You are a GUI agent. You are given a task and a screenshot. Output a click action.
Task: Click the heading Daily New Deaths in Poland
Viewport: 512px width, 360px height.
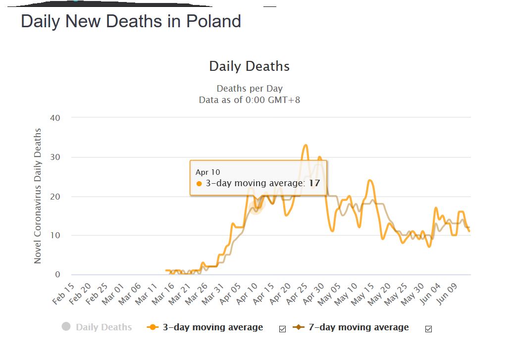(131, 22)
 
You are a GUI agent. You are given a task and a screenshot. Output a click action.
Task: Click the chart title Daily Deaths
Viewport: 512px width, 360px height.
(250, 66)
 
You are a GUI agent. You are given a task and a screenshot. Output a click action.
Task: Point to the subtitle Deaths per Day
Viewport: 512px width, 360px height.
(250, 89)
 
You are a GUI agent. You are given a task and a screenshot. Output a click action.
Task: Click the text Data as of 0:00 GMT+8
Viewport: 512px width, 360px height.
(250, 100)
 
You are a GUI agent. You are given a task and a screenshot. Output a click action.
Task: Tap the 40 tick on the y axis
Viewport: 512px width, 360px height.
(55, 118)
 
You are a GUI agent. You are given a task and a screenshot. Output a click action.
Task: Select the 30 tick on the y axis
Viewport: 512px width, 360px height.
(55, 157)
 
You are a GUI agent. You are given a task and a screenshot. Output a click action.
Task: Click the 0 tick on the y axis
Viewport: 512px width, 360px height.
(57, 274)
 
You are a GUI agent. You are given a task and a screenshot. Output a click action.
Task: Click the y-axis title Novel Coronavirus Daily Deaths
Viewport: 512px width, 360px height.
(38, 196)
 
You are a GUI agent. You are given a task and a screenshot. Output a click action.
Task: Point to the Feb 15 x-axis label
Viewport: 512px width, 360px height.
(63, 294)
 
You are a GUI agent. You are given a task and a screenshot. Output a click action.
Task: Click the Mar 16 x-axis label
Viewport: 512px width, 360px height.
(163, 294)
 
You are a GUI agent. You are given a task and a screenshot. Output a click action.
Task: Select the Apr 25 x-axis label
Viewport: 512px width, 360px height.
(296, 294)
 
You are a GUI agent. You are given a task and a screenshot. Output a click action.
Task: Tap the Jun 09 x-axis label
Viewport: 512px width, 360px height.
(446, 294)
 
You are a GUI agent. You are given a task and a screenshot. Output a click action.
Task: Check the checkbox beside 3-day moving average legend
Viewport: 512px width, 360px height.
(282, 329)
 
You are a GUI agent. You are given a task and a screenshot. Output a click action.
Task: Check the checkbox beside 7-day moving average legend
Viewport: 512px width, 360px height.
(428, 329)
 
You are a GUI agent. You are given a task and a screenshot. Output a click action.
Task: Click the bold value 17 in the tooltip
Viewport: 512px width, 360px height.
(314, 183)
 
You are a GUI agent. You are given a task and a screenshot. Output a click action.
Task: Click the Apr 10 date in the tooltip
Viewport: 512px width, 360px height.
(207, 172)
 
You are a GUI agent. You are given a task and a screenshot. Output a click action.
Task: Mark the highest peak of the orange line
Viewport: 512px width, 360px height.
(306, 145)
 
